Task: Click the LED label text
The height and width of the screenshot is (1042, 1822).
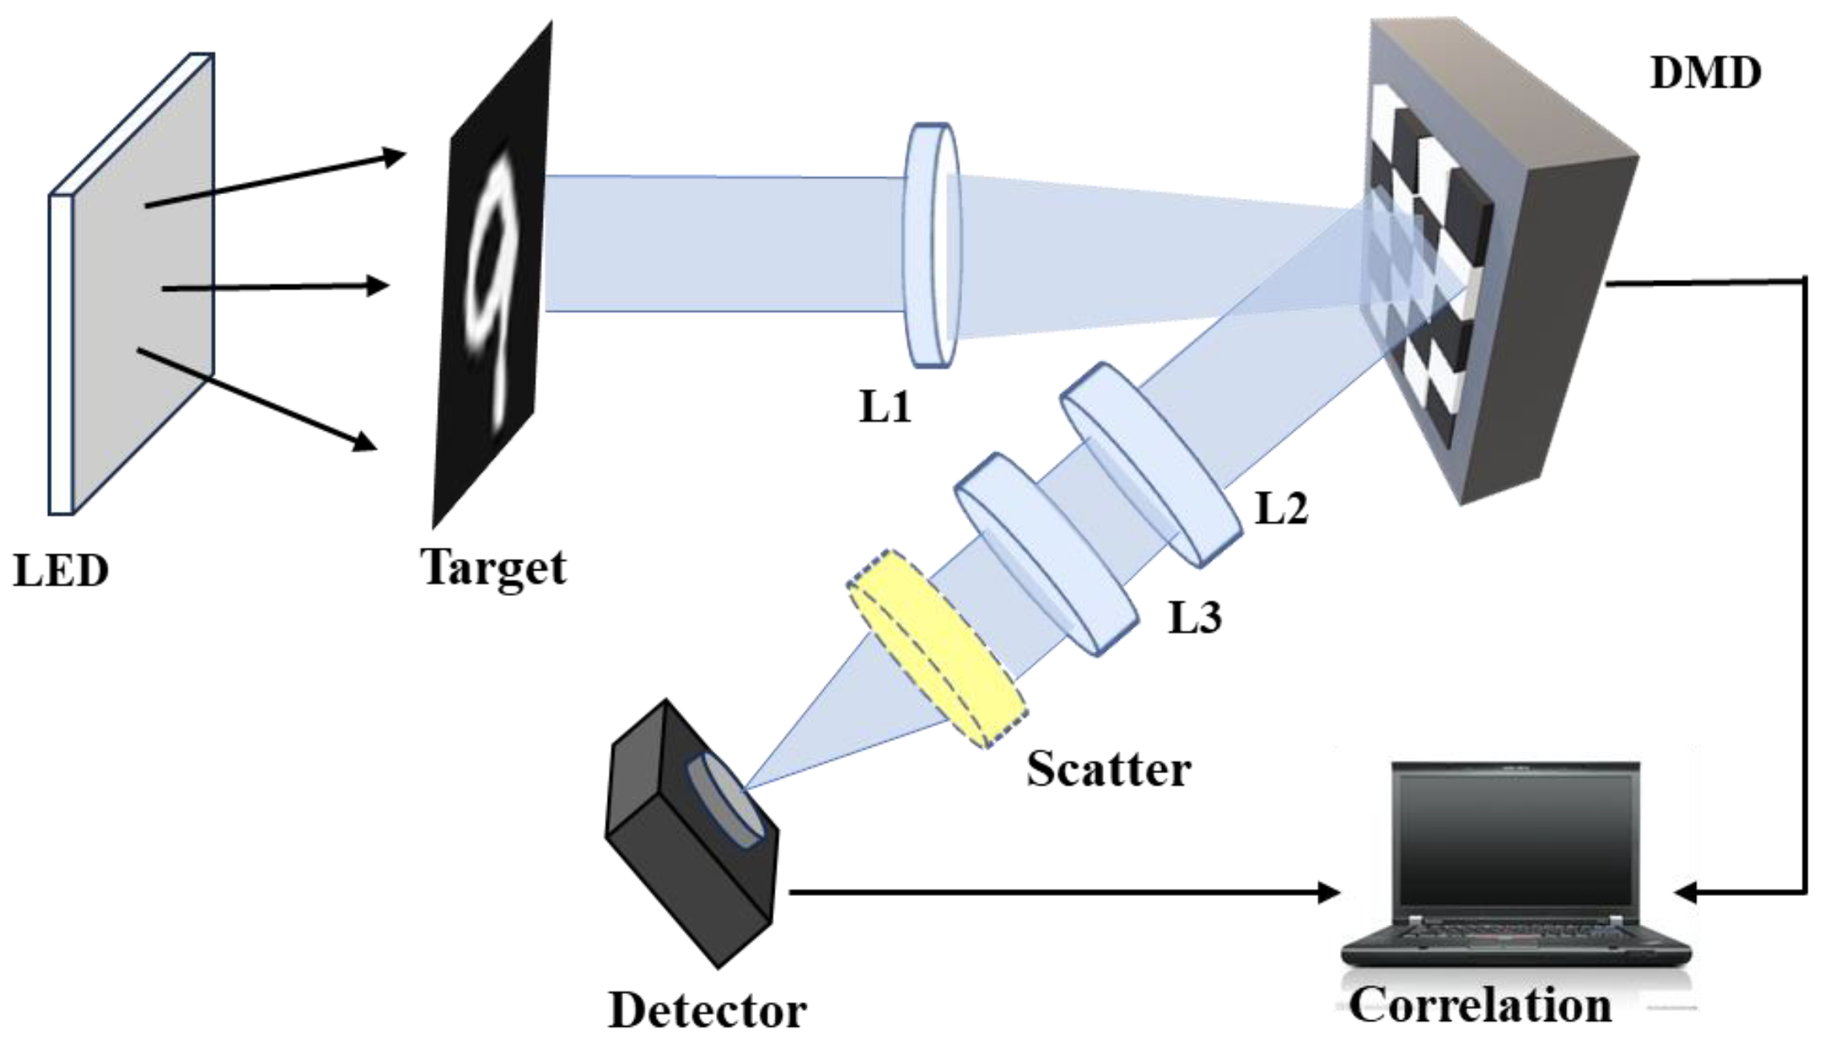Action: click(x=61, y=571)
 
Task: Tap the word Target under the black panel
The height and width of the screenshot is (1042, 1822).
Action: click(x=494, y=568)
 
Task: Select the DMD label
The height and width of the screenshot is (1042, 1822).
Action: click(x=1705, y=74)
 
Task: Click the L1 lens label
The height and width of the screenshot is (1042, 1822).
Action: click(x=885, y=408)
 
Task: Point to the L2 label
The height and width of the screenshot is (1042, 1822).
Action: click(x=1281, y=509)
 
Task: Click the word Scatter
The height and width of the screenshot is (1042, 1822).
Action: click(x=1108, y=770)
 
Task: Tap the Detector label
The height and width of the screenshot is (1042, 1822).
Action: click(x=707, y=1011)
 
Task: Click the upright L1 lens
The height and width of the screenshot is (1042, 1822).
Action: click(x=932, y=245)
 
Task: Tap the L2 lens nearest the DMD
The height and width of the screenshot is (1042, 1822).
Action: click(x=1150, y=464)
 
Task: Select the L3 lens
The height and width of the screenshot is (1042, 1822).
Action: click(x=1047, y=553)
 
